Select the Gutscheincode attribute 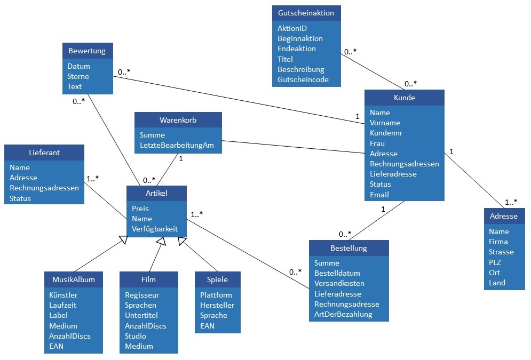[303, 80]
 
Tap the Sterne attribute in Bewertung [78, 76]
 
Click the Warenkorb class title [178, 120]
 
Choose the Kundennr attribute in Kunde [386, 133]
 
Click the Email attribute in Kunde [379, 195]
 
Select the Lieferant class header [44, 153]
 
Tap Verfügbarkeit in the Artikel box [155, 229]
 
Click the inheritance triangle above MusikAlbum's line [123, 241]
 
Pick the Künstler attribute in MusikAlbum [64, 295]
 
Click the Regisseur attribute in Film [142, 295]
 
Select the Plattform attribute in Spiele [216, 295]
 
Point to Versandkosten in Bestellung [339, 283]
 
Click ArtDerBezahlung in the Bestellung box [343, 314]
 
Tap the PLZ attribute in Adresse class [495, 262]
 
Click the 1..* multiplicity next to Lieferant [93, 178]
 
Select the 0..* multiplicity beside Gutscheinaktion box [350, 52]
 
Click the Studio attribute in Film [136, 336]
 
